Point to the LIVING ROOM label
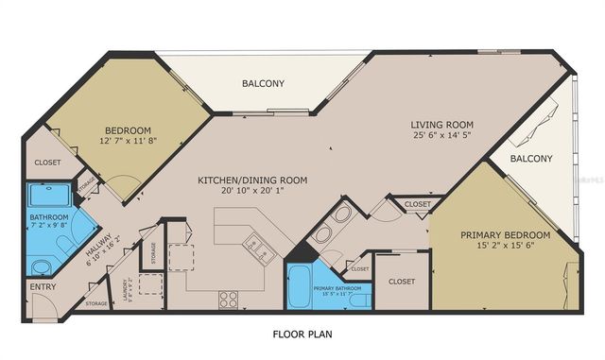(441, 125)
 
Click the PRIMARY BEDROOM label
(505, 234)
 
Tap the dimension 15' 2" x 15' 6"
(505, 247)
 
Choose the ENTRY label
(43, 286)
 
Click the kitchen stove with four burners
(229, 299)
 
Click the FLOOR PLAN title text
(302, 334)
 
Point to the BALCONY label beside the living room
(530, 159)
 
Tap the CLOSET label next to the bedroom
(47, 163)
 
